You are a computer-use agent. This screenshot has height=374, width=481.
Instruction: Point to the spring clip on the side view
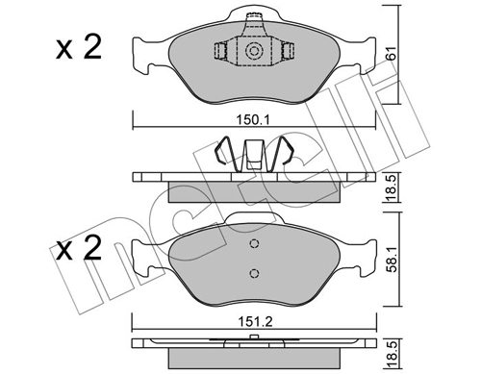[x=255, y=154]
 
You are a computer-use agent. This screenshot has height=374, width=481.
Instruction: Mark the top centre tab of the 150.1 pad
[x=254, y=16]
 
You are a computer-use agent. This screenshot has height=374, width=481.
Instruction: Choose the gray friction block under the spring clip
[x=255, y=192]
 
